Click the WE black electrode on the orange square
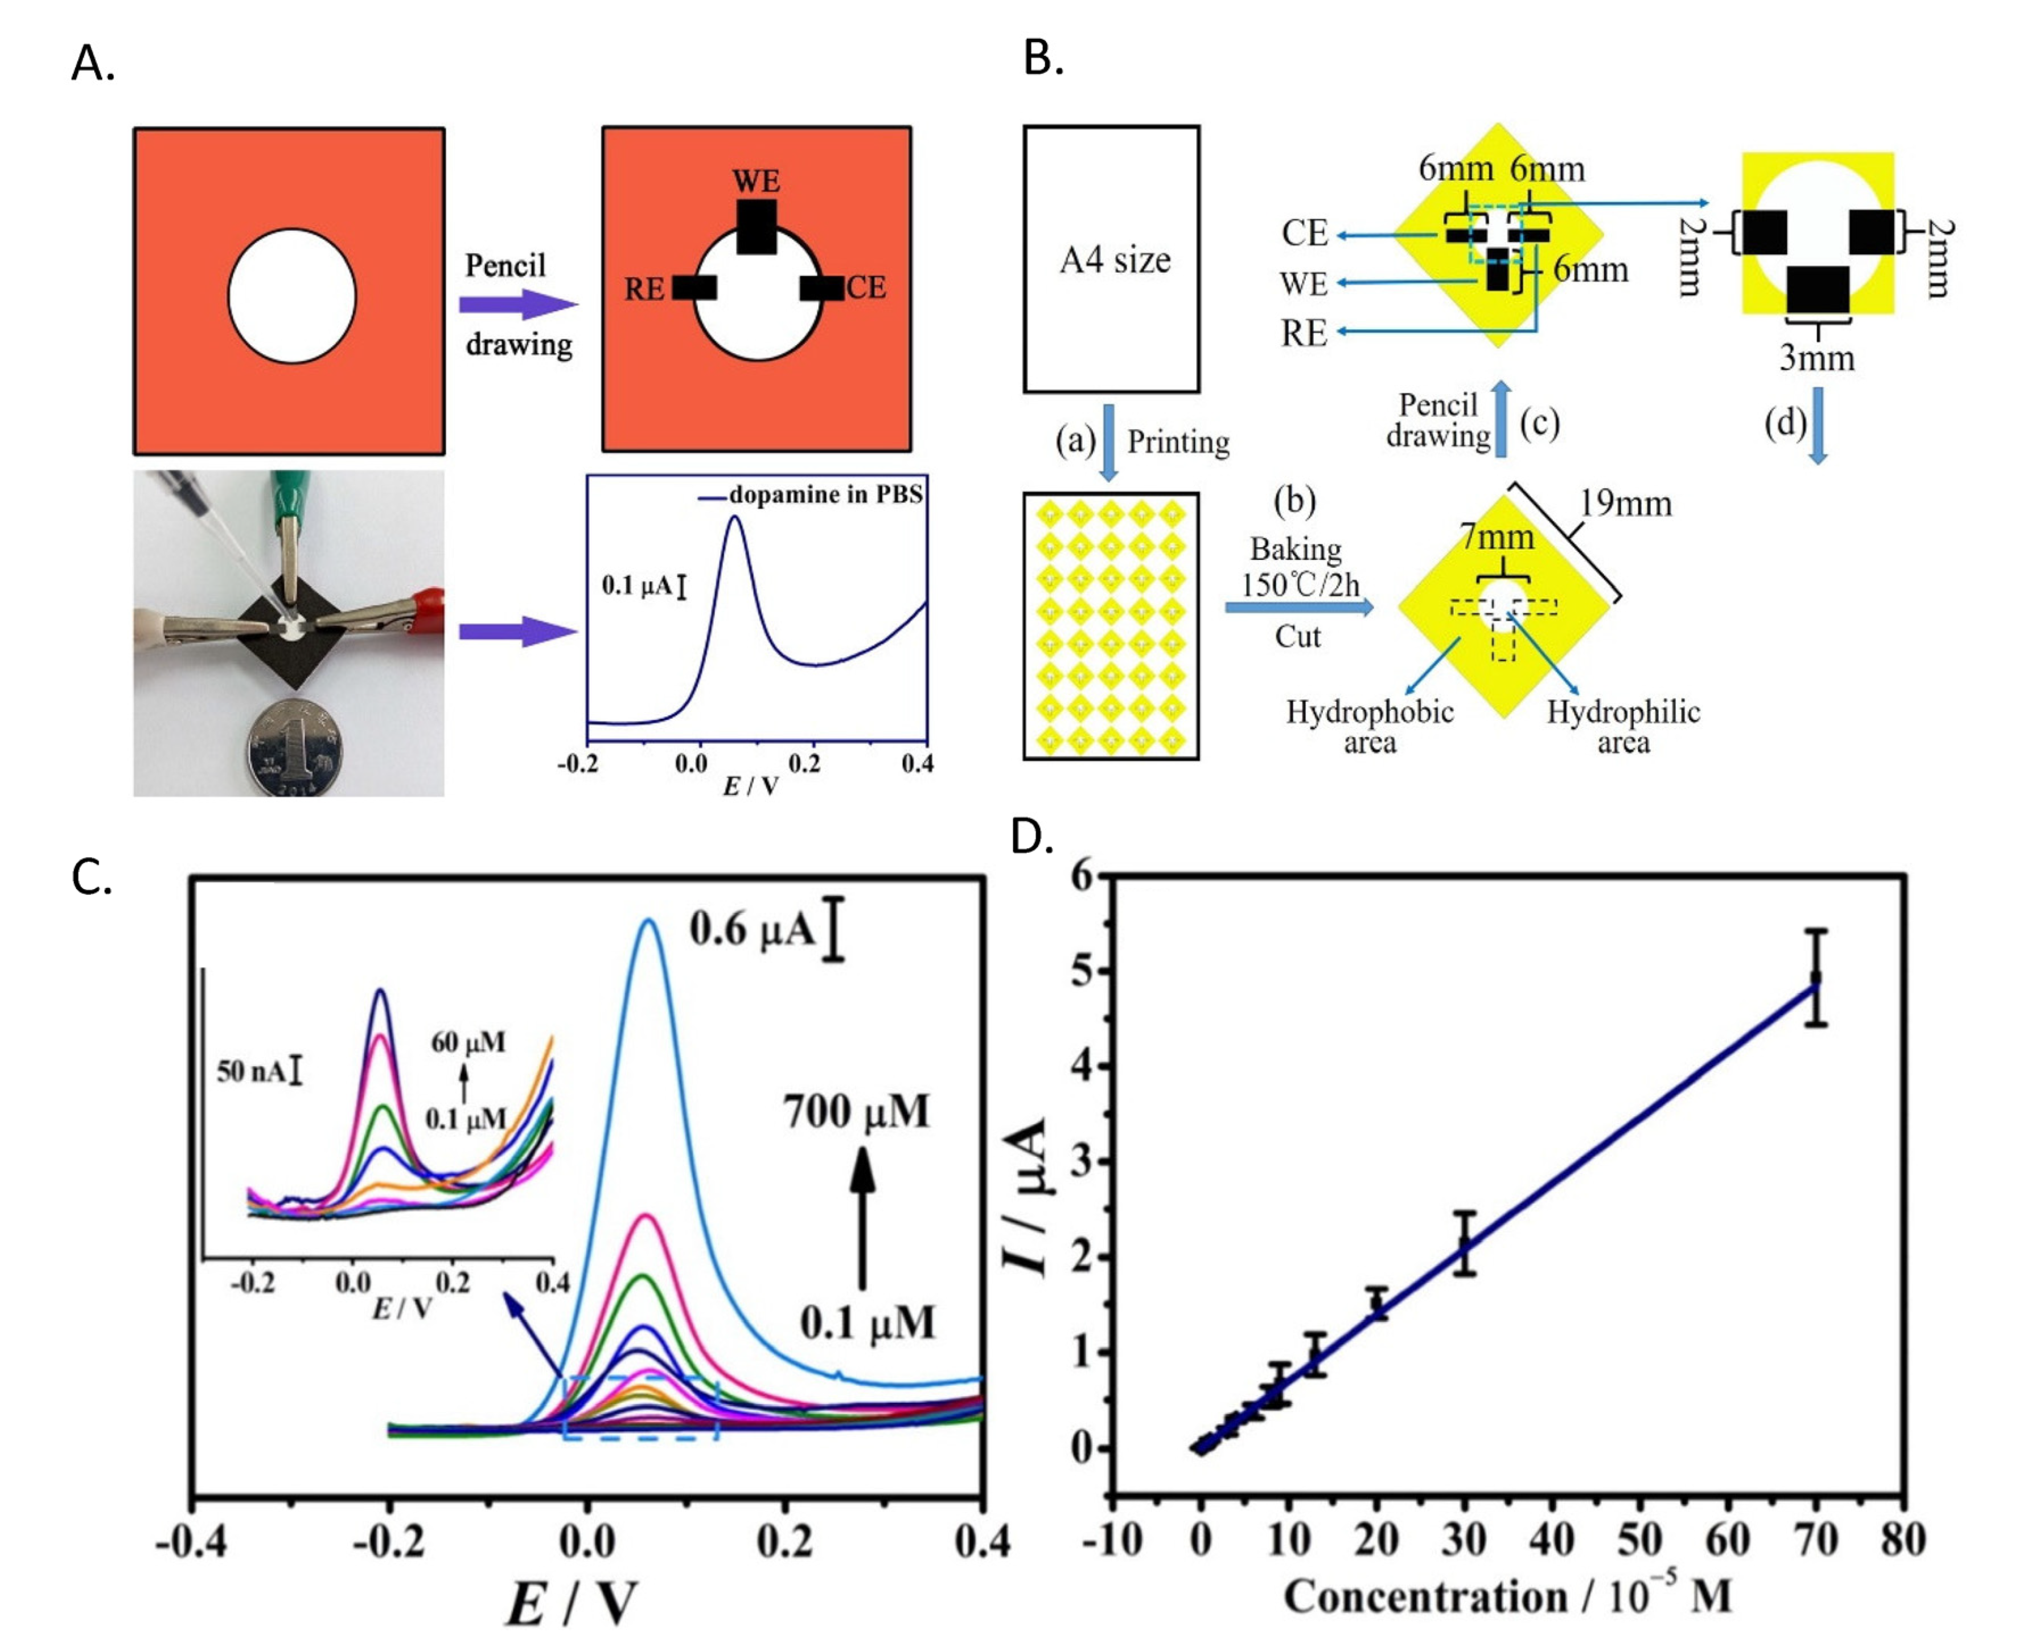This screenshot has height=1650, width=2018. [757, 226]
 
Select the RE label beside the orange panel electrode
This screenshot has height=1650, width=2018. [644, 289]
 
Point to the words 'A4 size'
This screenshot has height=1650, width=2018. [1115, 260]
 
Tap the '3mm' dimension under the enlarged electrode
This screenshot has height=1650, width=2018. [1816, 358]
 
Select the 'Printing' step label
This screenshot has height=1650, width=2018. [1178, 442]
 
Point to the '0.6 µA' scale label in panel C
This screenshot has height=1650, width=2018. [753, 928]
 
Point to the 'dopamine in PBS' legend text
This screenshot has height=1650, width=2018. [825, 495]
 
